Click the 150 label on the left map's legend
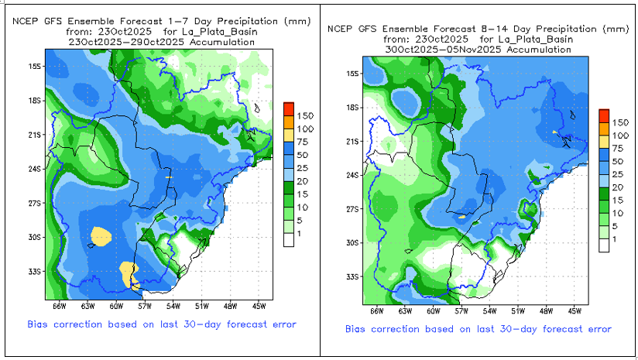(x=304, y=115)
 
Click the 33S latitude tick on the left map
(x=35, y=271)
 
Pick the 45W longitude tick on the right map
(x=574, y=310)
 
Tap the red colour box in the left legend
(x=288, y=108)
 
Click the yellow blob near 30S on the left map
(x=101, y=235)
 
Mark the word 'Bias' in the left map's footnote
(x=41, y=324)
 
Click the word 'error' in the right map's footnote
(x=595, y=329)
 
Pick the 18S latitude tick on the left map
(x=35, y=100)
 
